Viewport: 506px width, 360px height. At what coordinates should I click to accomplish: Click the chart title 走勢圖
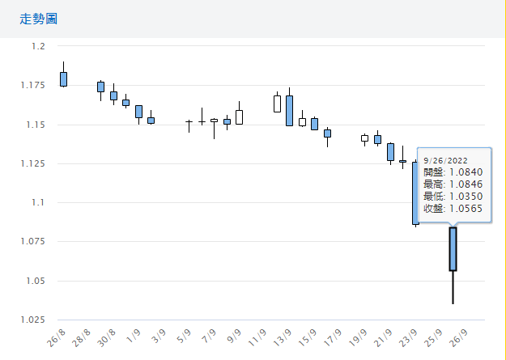tap(38, 18)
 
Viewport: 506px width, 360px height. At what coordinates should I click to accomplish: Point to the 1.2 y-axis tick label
tap(38, 47)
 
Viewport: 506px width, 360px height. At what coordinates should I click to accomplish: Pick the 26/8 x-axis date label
tap(57, 337)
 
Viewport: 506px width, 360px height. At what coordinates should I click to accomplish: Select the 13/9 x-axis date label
tap(283, 337)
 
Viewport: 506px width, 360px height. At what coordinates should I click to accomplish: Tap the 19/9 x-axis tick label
tap(359, 337)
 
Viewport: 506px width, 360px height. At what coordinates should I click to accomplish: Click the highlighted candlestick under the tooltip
tap(453, 249)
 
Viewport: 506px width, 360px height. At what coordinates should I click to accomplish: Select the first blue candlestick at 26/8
tap(63, 78)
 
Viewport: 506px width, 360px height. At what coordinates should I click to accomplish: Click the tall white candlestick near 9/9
tap(239, 116)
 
